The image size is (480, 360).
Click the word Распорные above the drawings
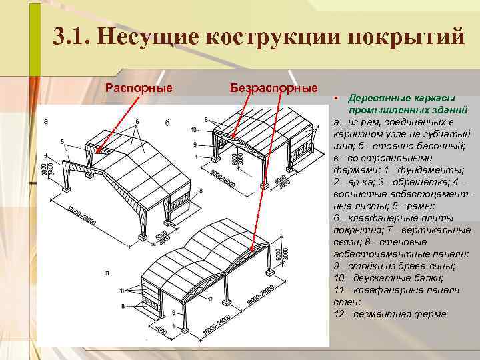[139, 87]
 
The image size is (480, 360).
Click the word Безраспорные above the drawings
[273, 87]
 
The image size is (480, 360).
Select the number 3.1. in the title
[71, 37]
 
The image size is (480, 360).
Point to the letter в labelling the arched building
[108, 273]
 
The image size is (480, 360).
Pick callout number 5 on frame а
[61, 141]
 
